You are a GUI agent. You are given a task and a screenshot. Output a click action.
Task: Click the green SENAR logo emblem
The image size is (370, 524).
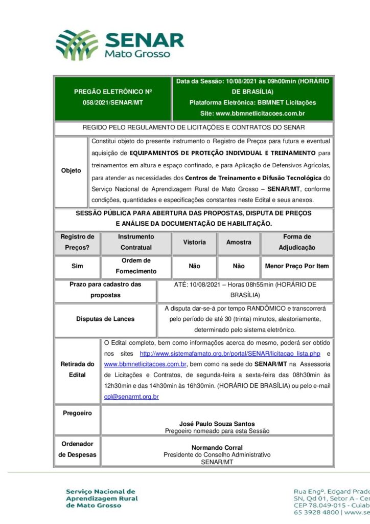[77, 45]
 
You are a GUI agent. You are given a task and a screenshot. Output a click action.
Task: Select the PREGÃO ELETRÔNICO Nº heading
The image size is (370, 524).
[113, 92]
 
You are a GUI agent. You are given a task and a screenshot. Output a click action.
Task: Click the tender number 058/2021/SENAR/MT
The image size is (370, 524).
[113, 103]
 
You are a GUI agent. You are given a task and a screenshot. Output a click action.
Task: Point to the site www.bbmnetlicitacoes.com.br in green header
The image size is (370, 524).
[252, 113]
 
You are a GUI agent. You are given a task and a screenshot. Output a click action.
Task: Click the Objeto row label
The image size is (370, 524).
[71, 170]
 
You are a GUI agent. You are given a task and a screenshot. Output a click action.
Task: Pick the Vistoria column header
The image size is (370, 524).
[194, 242]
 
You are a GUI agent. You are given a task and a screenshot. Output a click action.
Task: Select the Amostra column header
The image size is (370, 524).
[239, 242]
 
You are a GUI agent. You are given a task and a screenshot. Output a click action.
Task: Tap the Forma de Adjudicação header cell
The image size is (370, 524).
[296, 242]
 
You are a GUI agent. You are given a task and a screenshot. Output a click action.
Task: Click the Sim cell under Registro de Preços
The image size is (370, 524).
[77, 266]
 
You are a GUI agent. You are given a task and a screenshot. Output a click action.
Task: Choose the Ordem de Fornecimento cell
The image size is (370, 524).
[136, 266]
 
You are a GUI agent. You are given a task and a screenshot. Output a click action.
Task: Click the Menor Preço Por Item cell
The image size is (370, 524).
[296, 266]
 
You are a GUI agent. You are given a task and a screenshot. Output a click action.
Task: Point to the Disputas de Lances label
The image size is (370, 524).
[105, 319]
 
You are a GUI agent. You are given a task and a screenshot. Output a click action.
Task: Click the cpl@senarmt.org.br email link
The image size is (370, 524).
[131, 397]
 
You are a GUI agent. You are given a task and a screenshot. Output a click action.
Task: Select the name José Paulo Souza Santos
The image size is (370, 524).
[217, 424]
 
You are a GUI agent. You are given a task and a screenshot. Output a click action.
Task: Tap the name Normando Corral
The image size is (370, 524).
[217, 448]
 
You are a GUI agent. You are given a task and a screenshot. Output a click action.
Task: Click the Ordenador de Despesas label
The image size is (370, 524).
[77, 449]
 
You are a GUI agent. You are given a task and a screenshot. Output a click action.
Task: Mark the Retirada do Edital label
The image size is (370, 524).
[77, 369]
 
